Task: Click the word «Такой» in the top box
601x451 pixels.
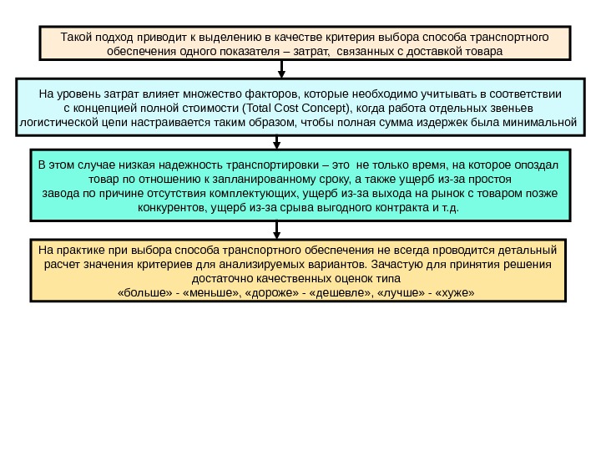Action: coord(78,38)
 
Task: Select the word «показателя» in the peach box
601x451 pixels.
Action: coord(231,52)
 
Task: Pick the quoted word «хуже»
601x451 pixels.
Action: coord(456,294)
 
